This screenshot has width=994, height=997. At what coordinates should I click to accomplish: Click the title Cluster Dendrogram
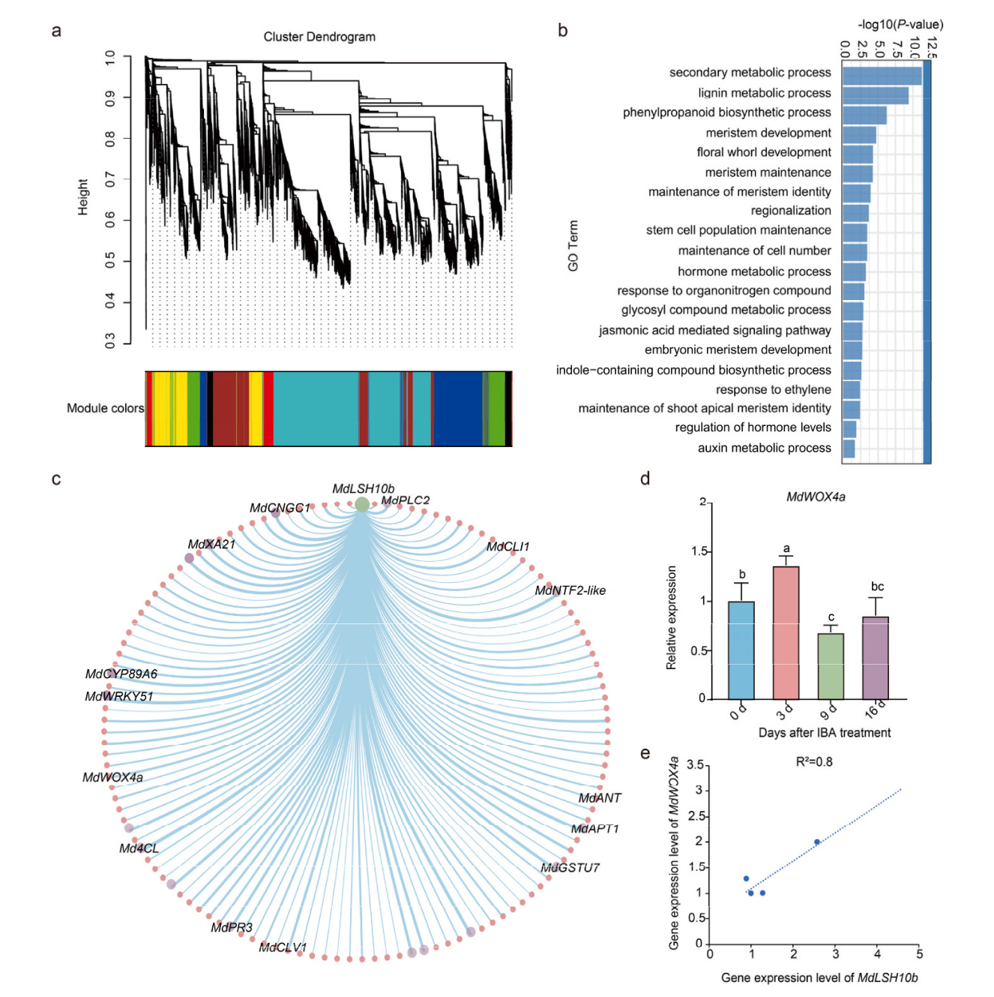319,37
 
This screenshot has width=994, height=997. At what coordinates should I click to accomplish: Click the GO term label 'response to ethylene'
773,389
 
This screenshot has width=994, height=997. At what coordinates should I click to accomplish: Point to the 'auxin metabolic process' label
764,448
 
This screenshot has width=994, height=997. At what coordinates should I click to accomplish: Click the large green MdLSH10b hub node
362,504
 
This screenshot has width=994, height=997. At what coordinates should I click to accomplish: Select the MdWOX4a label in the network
112,777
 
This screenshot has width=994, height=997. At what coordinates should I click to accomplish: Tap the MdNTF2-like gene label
570,590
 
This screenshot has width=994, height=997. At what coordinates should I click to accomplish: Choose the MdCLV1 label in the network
283,947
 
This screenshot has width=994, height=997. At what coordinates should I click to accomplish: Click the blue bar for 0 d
741,650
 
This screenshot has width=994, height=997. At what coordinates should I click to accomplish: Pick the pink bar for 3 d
786,633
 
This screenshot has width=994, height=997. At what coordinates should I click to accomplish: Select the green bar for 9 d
831,666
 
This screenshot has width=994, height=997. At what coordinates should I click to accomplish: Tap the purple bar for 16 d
876,658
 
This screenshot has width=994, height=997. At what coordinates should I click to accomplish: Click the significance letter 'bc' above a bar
877,587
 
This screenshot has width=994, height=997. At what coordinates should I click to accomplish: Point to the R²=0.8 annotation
814,762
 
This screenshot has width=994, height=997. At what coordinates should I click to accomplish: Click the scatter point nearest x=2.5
816,842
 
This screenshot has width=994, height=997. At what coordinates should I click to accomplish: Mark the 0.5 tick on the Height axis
111,260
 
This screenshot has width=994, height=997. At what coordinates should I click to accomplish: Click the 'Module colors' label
105,408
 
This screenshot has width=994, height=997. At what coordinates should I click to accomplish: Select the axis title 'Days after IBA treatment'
824,732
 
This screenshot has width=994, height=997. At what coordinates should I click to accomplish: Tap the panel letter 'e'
645,754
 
